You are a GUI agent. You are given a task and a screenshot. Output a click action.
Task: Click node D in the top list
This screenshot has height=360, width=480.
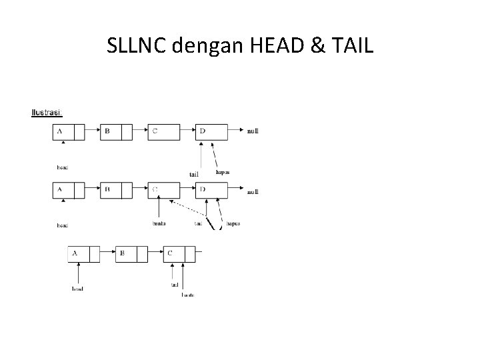pos(212,132)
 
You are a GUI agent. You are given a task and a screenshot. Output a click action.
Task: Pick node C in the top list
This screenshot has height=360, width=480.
pos(164,132)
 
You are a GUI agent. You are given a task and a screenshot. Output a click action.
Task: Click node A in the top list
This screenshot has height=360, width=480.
pos(69,132)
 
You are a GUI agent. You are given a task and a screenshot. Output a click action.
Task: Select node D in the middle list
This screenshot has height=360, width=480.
pos(212,191)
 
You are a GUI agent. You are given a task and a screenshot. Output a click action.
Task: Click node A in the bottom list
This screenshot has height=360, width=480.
pos(83,254)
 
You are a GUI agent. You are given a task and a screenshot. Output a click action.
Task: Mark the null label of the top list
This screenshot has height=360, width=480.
pos(253,131)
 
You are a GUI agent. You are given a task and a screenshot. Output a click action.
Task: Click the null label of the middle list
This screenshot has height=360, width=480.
pos(253,192)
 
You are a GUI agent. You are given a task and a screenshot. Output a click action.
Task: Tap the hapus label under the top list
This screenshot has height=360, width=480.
pos(223,172)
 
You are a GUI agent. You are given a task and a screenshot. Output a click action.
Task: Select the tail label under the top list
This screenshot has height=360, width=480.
pos(194,175)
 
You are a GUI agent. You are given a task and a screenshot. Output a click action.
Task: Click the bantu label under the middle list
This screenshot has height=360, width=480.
pos(159,224)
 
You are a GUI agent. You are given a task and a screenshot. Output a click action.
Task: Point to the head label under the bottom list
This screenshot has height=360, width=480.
pos(77,289)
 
